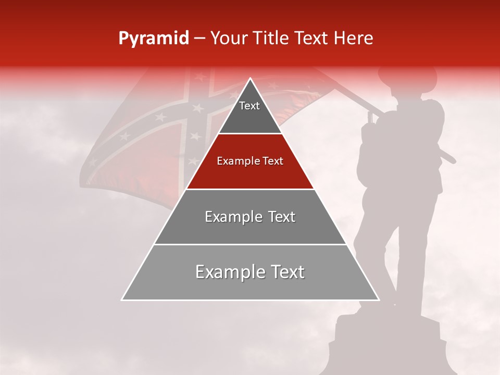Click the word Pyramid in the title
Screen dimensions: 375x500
tap(153, 39)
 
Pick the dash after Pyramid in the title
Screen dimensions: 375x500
tap(199, 39)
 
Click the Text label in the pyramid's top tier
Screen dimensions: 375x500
tap(249, 106)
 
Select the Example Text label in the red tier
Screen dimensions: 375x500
tap(250, 161)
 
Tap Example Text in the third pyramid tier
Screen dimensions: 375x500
tap(250, 217)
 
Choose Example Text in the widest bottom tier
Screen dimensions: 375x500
tap(250, 272)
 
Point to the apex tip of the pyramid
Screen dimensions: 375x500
tap(250, 79)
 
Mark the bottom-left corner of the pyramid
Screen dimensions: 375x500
tap(122, 299)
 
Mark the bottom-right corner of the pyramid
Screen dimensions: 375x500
tap(378, 299)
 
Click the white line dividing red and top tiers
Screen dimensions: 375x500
tap(250, 133)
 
